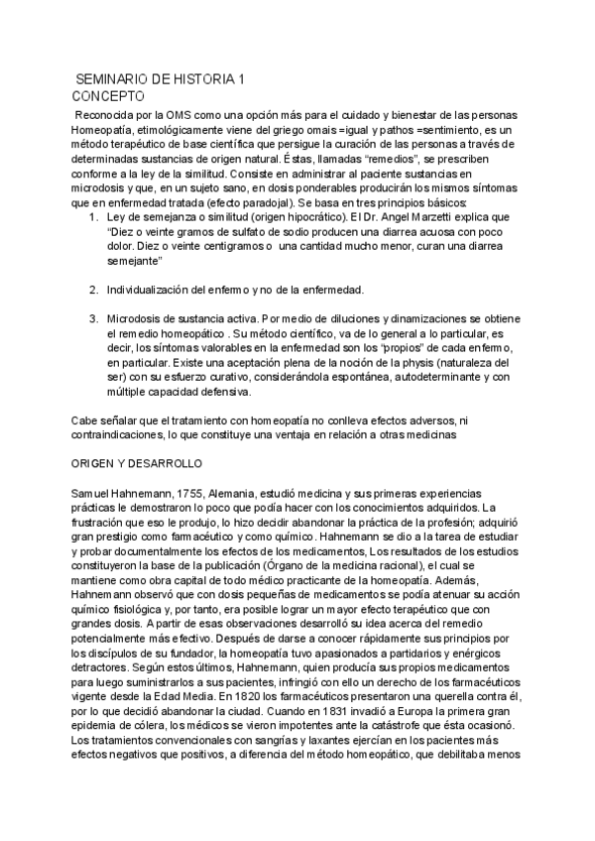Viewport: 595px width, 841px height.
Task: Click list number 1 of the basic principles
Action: [92, 216]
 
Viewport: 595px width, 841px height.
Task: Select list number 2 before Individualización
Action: [92, 290]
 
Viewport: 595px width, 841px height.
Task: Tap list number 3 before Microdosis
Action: [92, 319]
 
